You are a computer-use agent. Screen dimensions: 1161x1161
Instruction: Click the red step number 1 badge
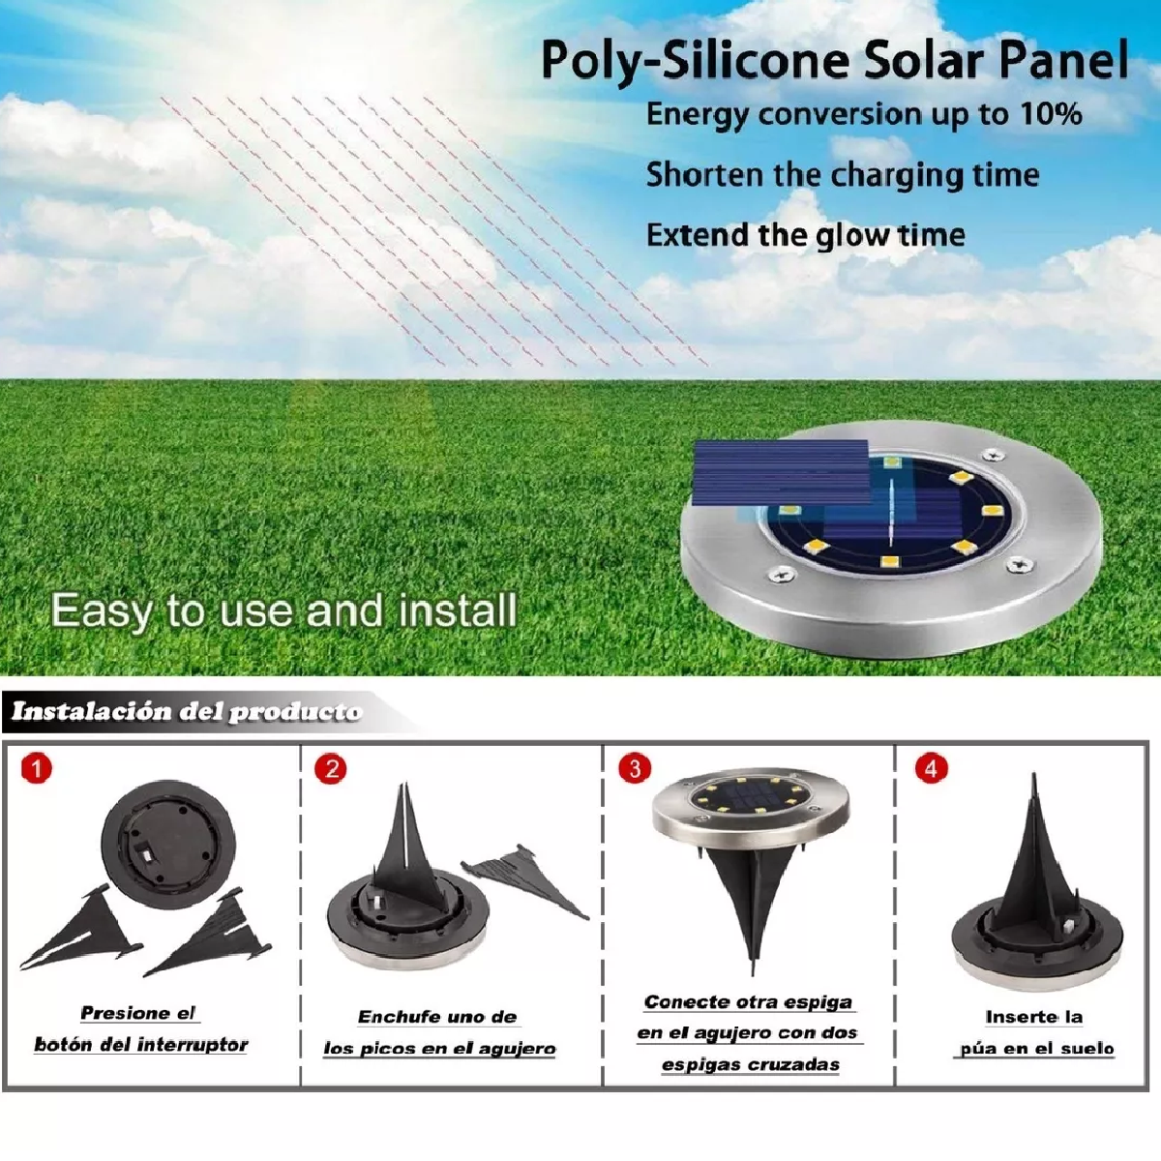pyautogui.click(x=36, y=769)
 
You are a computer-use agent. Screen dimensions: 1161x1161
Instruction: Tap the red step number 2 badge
pyautogui.click(x=331, y=769)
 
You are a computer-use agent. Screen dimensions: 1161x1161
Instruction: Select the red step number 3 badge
pyautogui.click(x=635, y=769)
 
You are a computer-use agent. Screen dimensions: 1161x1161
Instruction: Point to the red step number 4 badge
pyautogui.click(x=931, y=769)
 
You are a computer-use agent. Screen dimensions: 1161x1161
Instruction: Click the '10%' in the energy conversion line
pyautogui.click(x=1051, y=114)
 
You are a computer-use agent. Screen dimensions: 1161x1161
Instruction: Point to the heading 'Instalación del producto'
pyautogui.click(x=186, y=712)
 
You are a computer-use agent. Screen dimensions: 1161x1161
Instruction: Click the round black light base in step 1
pyautogui.click(x=168, y=844)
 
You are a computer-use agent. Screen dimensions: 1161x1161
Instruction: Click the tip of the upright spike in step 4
pyautogui.click(x=1034, y=776)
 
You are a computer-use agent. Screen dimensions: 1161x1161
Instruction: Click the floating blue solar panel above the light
pyautogui.click(x=782, y=471)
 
